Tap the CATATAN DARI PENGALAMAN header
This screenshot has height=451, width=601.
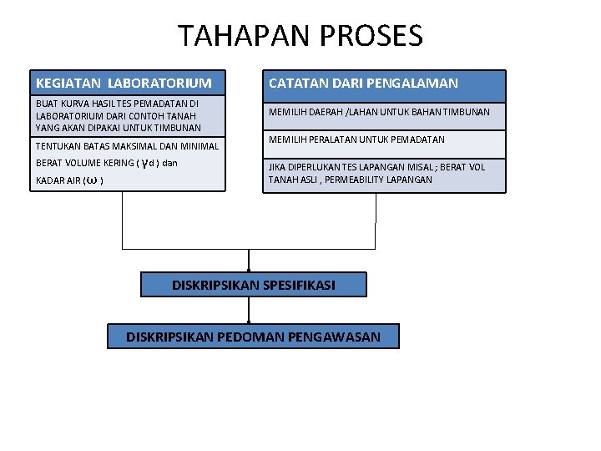pos(385,83)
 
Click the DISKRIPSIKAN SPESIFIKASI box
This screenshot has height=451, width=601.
pos(254,285)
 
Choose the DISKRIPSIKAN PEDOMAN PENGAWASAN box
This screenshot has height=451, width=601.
pos(254,337)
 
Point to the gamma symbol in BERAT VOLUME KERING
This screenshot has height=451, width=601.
pos(147,163)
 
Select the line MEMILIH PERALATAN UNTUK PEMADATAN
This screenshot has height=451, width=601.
pos(356,139)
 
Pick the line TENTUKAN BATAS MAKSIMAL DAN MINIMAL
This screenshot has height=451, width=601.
pos(127,146)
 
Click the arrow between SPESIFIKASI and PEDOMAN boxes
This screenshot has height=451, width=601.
pos(249,310)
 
